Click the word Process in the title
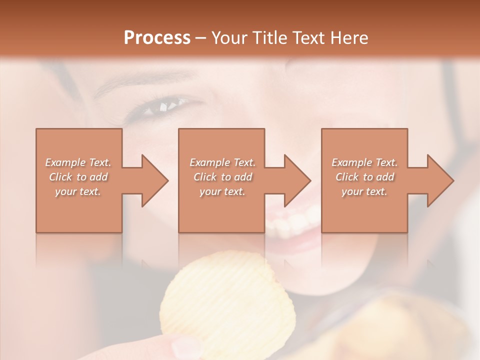click(x=157, y=37)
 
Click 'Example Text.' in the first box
click(x=78, y=162)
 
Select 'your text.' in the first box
click(x=78, y=191)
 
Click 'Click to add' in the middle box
click(x=222, y=177)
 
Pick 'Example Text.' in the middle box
click(x=222, y=162)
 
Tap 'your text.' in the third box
click(x=364, y=191)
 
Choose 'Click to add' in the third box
click(x=364, y=177)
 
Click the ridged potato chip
click(x=227, y=300)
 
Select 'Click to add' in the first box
click(x=78, y=177)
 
